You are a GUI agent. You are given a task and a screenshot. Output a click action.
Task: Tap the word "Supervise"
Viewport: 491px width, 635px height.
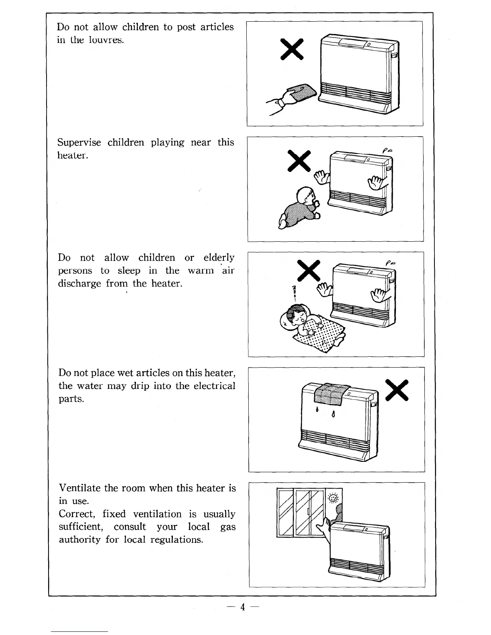click(79, 142)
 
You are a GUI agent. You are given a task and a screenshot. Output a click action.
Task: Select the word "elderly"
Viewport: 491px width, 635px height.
click(219, 257)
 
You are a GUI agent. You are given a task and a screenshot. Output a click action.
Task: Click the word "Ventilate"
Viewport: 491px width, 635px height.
click(80, 488)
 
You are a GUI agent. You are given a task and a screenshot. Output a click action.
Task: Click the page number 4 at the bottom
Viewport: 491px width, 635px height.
click(242, 607)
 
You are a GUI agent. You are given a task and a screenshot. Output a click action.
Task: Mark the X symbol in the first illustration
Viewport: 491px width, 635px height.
click(292, 49)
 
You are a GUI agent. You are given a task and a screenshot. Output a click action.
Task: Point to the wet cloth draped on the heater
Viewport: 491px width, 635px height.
click(331, 394)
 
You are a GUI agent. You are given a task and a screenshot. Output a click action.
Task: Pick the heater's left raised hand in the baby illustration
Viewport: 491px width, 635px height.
click(321, 176)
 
